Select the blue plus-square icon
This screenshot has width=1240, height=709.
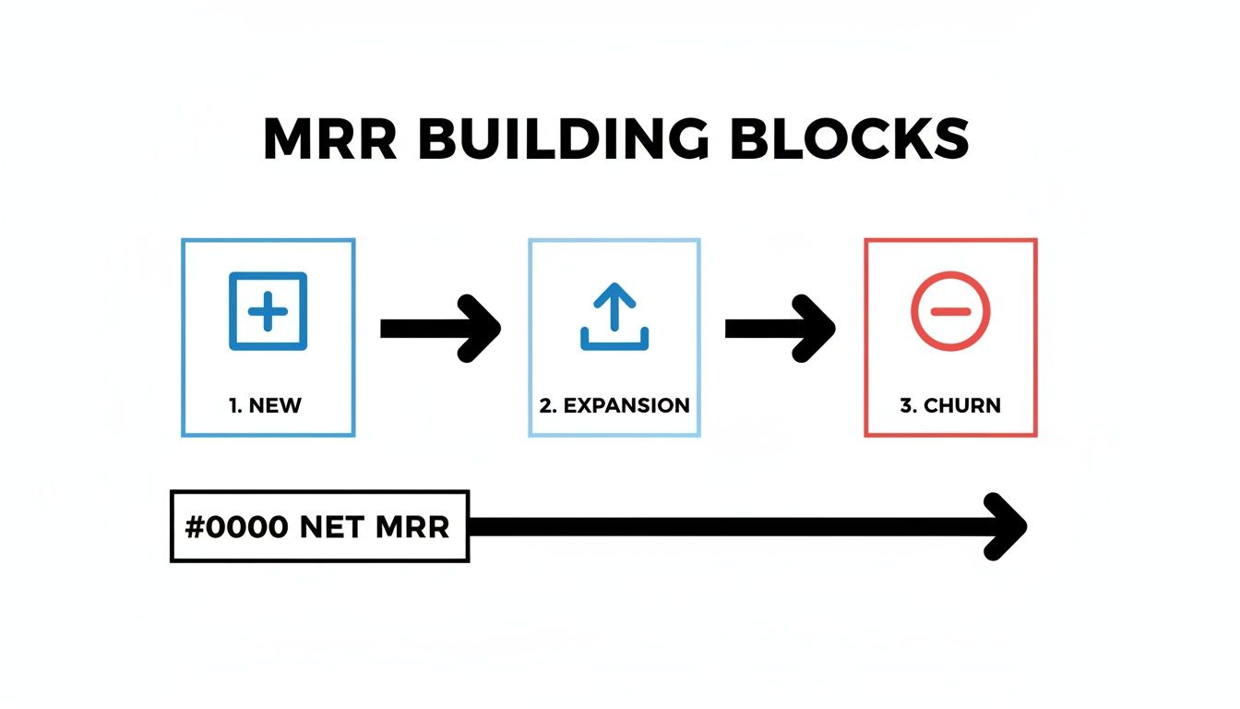[268, 311]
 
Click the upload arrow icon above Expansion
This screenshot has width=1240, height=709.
[614, 316]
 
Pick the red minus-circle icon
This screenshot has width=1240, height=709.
[949, 311]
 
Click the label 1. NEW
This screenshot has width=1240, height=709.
[266, 405]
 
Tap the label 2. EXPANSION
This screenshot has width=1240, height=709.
[614, 405]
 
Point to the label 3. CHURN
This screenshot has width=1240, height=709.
[950, 405]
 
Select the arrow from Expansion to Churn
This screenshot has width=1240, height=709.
[779, 328]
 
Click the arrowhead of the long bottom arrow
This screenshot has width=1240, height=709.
[1008, 526]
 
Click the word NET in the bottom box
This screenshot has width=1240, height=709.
[329, 527]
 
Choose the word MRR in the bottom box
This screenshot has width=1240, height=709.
[412, 527]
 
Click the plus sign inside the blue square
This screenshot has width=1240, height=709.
[268, 311]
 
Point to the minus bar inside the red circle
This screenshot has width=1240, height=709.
[949, 311]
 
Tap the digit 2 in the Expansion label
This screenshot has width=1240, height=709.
[545, 405]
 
